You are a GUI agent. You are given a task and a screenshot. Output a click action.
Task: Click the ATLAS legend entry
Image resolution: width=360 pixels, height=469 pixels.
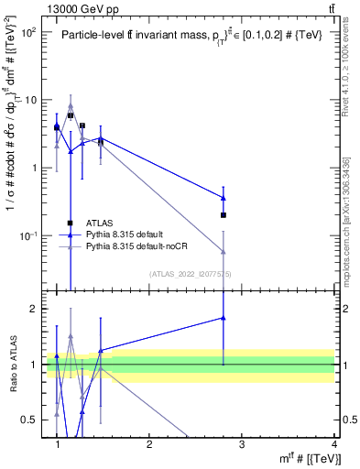click(x=99, y=223)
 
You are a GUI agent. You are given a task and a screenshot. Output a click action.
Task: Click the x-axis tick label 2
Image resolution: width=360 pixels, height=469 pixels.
click(x=149, y=443)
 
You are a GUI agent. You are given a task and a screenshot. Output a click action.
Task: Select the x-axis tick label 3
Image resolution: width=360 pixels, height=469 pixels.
click(x=242, y=443)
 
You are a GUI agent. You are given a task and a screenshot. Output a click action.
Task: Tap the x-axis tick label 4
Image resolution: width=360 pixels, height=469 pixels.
click(x=333, y=443)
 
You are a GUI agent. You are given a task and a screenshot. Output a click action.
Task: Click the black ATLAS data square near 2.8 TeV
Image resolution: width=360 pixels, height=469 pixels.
click(x=224, y=214)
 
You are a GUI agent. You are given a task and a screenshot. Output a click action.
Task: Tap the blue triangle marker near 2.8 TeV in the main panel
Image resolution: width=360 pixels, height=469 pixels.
click(x=224, y=197)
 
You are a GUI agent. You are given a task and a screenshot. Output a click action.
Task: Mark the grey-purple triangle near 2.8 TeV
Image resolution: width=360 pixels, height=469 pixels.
click(x=224, y=251)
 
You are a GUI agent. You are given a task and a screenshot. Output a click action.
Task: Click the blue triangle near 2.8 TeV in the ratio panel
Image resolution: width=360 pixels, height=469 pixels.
click(x=224, y=318)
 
